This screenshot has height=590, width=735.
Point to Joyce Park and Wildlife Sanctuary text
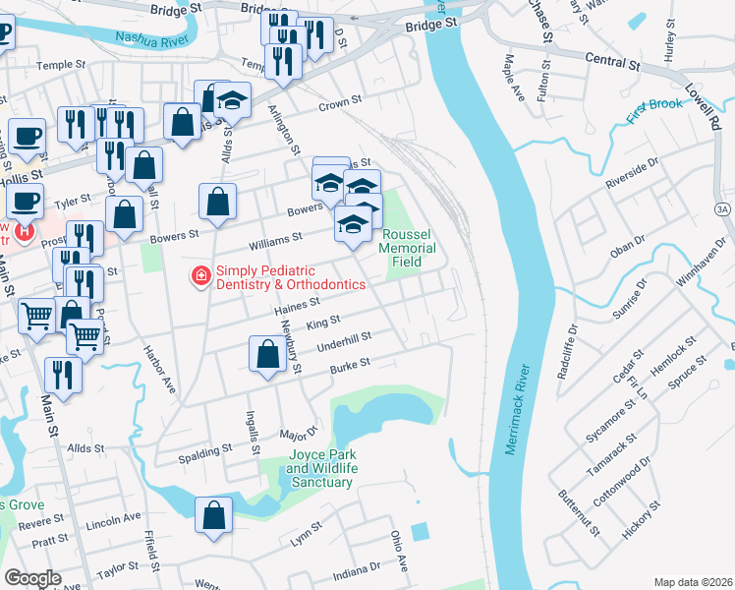[320, 469]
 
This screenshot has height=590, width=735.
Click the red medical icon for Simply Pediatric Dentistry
[201, 277]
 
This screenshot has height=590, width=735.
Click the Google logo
[32, 578]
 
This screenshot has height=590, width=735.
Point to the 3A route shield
[721, 209]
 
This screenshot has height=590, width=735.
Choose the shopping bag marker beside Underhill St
[267, 354]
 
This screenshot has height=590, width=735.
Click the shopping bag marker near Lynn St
[213, 514]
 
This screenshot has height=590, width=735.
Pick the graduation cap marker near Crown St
[233, 99]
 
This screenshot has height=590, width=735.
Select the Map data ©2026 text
[694, 582]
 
